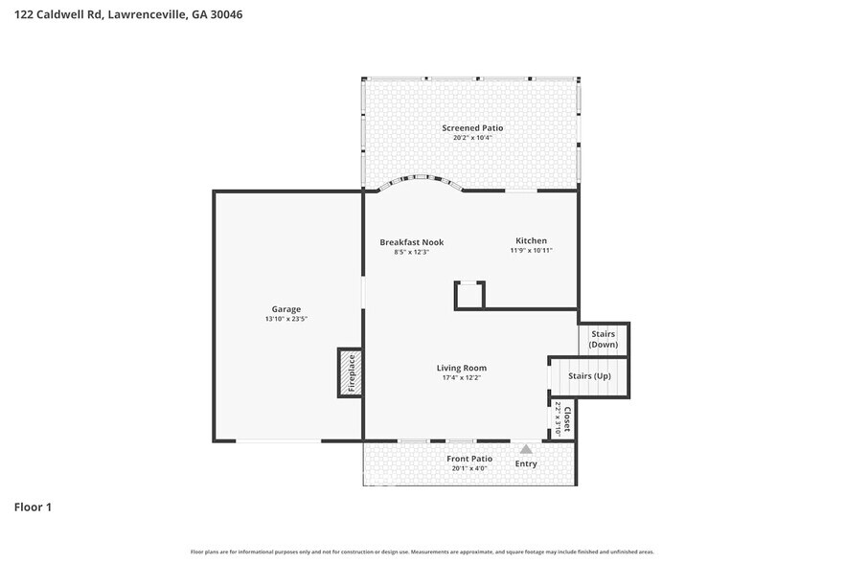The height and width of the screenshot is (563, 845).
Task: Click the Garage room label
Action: pyautogui.click(x=285, y=309)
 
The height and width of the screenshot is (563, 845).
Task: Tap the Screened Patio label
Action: pyautogui.click(x=471, y=127)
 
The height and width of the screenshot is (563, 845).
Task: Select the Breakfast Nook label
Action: pyautogui.click(x=411, y=242)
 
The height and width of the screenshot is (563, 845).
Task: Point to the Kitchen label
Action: pyautogui.click(x=531, y=240)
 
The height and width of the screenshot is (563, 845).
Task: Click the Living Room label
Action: pyautogui.click(x=461, y=368)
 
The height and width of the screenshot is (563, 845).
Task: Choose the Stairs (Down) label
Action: pyautogui.click(x=603, y=339)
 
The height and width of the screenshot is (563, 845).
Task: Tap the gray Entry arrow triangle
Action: pyautogui.click(x=526, y=448)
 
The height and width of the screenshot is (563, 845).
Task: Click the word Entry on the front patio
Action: pyautogui.click(x=526, y=464)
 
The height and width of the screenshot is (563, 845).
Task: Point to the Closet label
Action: pyautogui.click(x=567, y=419)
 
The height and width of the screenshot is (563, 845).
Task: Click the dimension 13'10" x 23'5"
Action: pyautogui.click(x=285, y=319)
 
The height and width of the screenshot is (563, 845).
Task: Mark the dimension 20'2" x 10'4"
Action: pyautogui.click(x=471, y=138)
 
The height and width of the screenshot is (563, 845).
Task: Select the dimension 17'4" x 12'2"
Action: pyautogui.click(x=461, y=378)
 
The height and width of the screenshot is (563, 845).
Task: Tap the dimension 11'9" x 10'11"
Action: pyautogui.click(x=531, y=251)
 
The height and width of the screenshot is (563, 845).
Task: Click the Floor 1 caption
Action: pyautogui.click(x=32, y=507)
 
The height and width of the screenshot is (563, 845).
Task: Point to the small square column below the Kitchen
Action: pyautogui.click(x=469, y=295)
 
